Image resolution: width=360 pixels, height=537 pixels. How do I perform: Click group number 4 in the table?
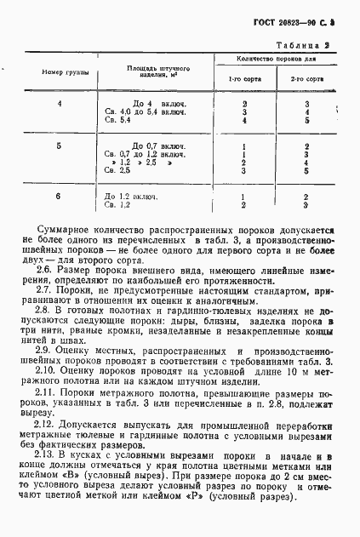(x=60, y=104)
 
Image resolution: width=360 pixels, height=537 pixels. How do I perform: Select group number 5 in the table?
(x=60, y=146)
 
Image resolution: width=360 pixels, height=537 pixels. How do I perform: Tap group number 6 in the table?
(x=60, y=197)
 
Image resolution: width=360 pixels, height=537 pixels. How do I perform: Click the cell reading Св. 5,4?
(x=116, y=121)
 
